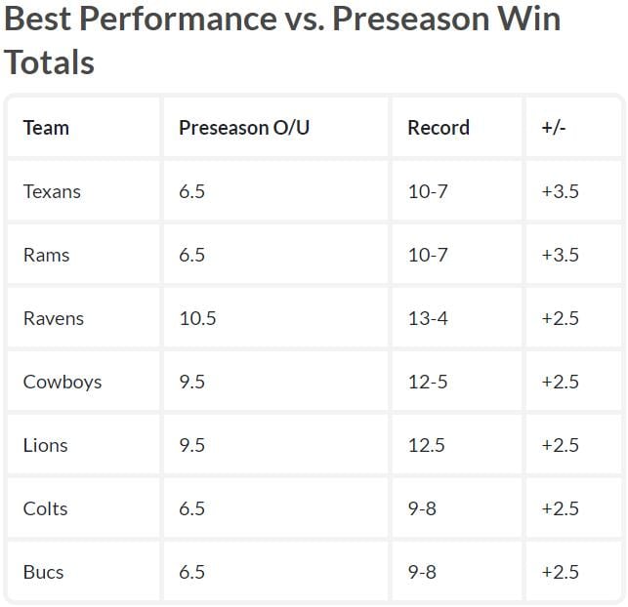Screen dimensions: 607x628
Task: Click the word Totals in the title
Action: [49, 61]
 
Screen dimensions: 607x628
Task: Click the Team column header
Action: [46, 128]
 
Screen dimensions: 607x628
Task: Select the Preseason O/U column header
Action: [244, 128]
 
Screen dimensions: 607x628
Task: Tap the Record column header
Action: [439, 128]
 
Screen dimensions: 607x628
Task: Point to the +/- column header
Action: [554, 128]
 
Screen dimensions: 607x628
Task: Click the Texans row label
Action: [52, 191]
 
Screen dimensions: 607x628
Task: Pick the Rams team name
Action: [46, 255]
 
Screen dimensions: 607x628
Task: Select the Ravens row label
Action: [54, 318]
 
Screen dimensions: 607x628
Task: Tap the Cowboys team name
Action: [63, 382]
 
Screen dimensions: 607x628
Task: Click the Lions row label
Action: [45, 445]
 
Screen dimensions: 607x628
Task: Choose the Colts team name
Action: [45, 508]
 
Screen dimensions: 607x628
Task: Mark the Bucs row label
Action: [43, 572]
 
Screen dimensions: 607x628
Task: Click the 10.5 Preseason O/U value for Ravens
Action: [197, 318]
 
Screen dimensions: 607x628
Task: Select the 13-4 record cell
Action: [428, 318]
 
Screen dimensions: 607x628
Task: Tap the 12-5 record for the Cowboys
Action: [428, 382]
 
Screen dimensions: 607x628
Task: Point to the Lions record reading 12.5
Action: [427, 445]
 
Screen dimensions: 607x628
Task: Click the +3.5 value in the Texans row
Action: [560, 191]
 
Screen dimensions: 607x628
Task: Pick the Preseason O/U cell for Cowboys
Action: [191, 382]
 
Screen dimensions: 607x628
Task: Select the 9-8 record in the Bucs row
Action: [422, 572]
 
